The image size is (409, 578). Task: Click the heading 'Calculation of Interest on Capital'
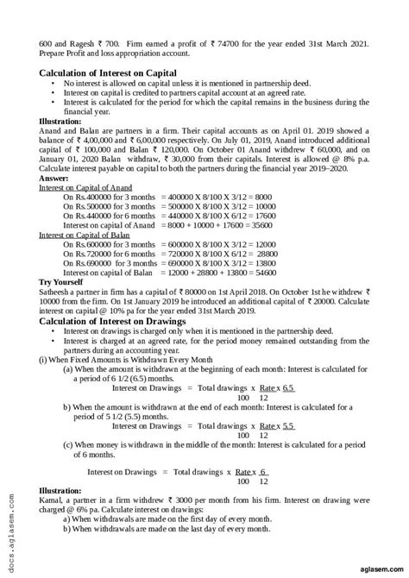point(108,73)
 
